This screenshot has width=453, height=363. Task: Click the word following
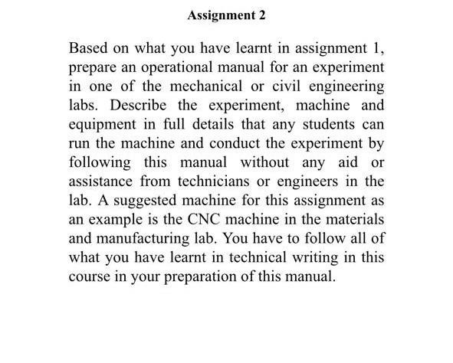tap(97, 162)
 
